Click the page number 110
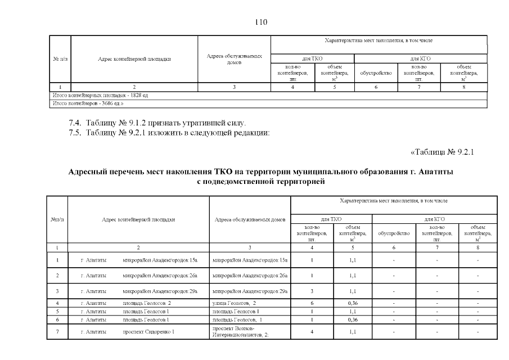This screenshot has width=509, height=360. pyautogui.click(x=260, y=22)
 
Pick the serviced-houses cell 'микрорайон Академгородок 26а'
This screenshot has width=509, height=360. pyautogui.click(x=250, y=276)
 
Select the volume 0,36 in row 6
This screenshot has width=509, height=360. pyautogui.click(x=353, y=319)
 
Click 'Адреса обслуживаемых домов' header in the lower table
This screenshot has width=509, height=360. pyautogui.click(x=250, y=219)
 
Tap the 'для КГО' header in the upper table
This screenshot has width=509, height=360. pyautogui.click(x=420, y=58)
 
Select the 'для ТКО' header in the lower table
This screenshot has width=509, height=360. pyautogui.click(x=332, y=219)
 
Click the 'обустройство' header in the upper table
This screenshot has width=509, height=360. pyautogui.click(x=376, y=73)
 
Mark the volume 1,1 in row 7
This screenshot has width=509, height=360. pyautogui.click(x=353, y=332)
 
